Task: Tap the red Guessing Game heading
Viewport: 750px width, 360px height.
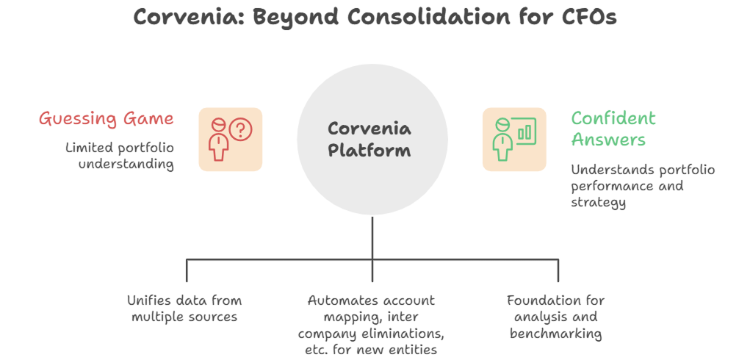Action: point(106,118)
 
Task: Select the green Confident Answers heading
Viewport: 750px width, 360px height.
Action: point(613,129)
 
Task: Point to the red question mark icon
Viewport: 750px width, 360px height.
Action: point(240,130)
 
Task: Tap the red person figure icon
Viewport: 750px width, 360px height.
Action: point(218,140)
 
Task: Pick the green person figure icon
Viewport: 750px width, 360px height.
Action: point(503,140)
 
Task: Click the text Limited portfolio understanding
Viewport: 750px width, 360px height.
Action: point(120,156)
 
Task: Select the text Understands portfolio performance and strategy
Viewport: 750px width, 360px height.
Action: point(643,186)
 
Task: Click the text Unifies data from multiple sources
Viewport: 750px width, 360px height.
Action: point(184,309)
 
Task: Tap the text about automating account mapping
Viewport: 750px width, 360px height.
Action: point(372,325)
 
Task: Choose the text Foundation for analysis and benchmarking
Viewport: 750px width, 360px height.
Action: point(555,317)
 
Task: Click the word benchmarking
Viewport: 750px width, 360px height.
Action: point(555,334)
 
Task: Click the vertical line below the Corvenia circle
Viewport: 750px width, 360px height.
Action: point(372,235)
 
